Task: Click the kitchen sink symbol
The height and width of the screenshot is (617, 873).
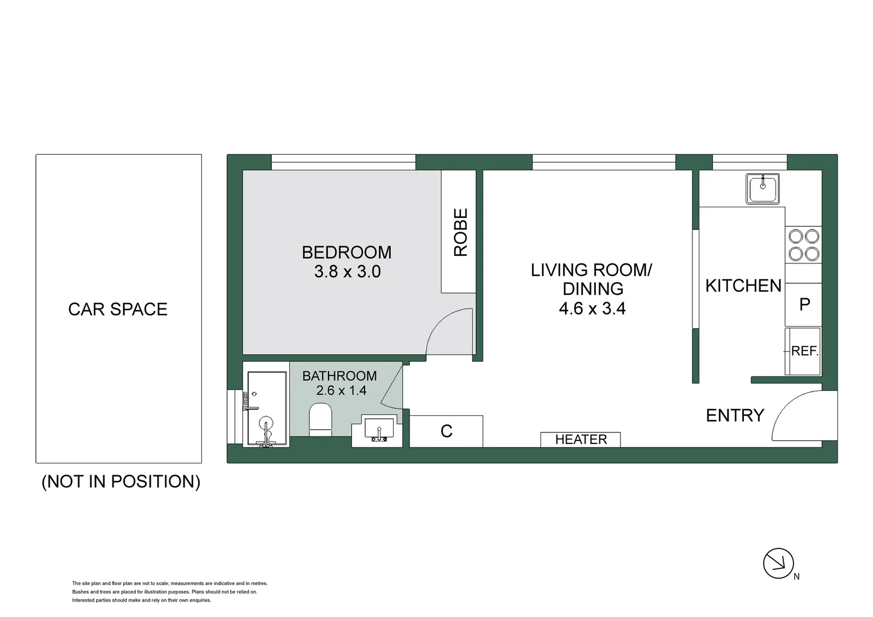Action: (762, 189)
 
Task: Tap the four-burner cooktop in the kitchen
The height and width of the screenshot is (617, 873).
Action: (803, 245)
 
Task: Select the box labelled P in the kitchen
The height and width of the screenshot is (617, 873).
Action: (804, 305)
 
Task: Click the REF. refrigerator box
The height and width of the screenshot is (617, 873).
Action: (804, 351)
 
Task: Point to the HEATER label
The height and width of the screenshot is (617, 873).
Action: (580, 439)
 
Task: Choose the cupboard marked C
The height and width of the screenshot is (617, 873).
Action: (446, 431)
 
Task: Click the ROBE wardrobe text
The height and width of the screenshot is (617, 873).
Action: (460, 232)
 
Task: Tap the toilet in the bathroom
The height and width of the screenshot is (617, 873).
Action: (321, 420)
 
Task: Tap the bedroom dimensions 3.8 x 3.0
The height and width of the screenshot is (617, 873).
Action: (347, 271)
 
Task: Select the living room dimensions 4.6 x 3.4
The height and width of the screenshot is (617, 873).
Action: (592, 308)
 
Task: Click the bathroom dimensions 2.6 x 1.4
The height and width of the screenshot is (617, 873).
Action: (341, 391)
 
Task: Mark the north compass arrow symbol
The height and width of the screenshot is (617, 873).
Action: (778, 563)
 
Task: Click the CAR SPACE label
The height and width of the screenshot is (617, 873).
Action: (118, 309)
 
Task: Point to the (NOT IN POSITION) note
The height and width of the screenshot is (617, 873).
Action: (121, 482)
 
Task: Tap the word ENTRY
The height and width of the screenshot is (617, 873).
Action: (735, 415)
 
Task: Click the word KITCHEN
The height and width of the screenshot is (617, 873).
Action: (743, 286)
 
